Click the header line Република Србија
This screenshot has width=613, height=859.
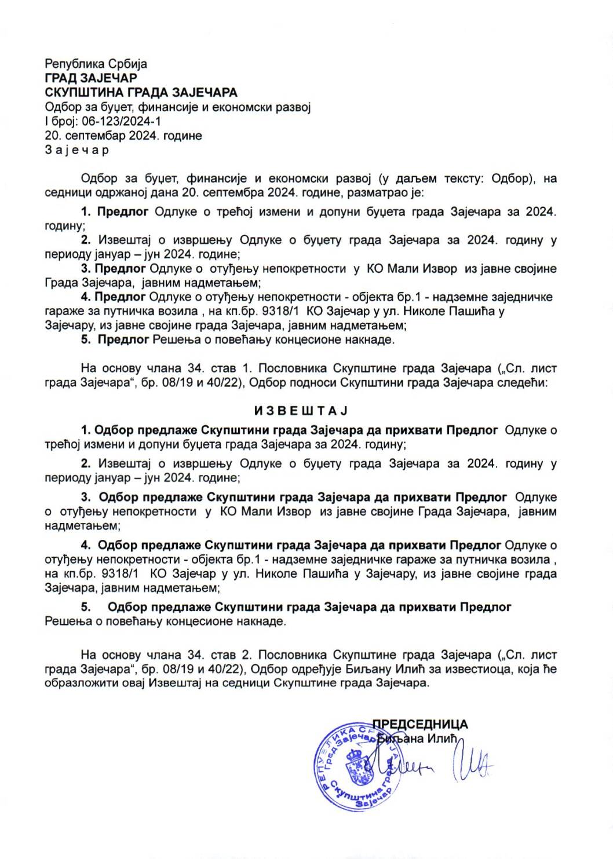(96, 64)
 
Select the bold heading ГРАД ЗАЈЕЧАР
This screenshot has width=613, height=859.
(91, 78)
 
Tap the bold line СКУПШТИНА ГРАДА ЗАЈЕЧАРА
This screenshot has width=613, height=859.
(141, 93)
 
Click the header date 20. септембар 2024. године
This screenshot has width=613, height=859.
(123, 136)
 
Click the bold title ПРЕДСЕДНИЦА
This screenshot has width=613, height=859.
(419, 724)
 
